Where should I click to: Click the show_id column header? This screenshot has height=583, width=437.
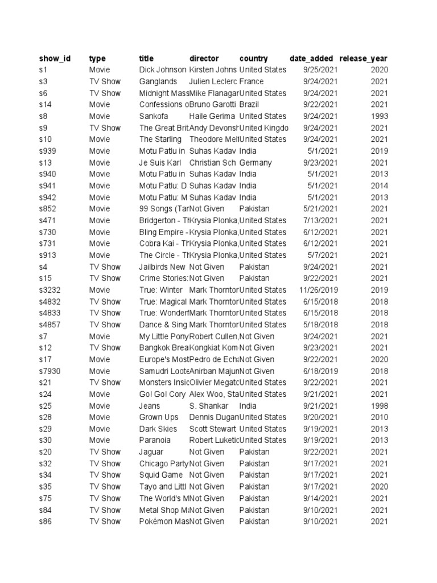pyautogui.click(x=55, y=58)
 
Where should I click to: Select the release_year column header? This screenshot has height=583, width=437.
pyautogui.click(x=363, y=58)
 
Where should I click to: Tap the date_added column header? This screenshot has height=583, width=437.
pyautogui.click(x=311, y=58)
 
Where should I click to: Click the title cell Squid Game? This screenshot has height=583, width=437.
pyautogui.click(x=161, y=475)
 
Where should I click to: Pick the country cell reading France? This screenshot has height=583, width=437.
pyautogui.click(x=252, y=81)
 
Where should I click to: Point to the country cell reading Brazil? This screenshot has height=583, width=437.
pyautogui.click(x=250, y=104)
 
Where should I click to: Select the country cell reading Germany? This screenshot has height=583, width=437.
pyautogui.click(x=255, y=162)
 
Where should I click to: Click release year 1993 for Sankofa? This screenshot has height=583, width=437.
pyautogui.click(x=379, y=116)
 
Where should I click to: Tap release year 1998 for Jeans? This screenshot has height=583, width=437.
pyautogui.click(x=379, y=406)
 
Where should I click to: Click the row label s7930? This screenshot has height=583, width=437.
pyautogui.click(x=50, y=371)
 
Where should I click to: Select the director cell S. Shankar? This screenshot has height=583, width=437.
pyautogui.click(x=209, y=406)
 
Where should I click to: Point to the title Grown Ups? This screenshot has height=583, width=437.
pyautogui.click(x=159, y=417)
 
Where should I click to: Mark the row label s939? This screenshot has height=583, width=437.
pyautogui.click(x=48, y=151)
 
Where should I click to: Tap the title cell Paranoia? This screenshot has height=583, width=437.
pyautogui.click(x=155, y=440)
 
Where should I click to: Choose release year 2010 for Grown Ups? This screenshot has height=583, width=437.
pyautogui.click(x=379, y=417)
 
